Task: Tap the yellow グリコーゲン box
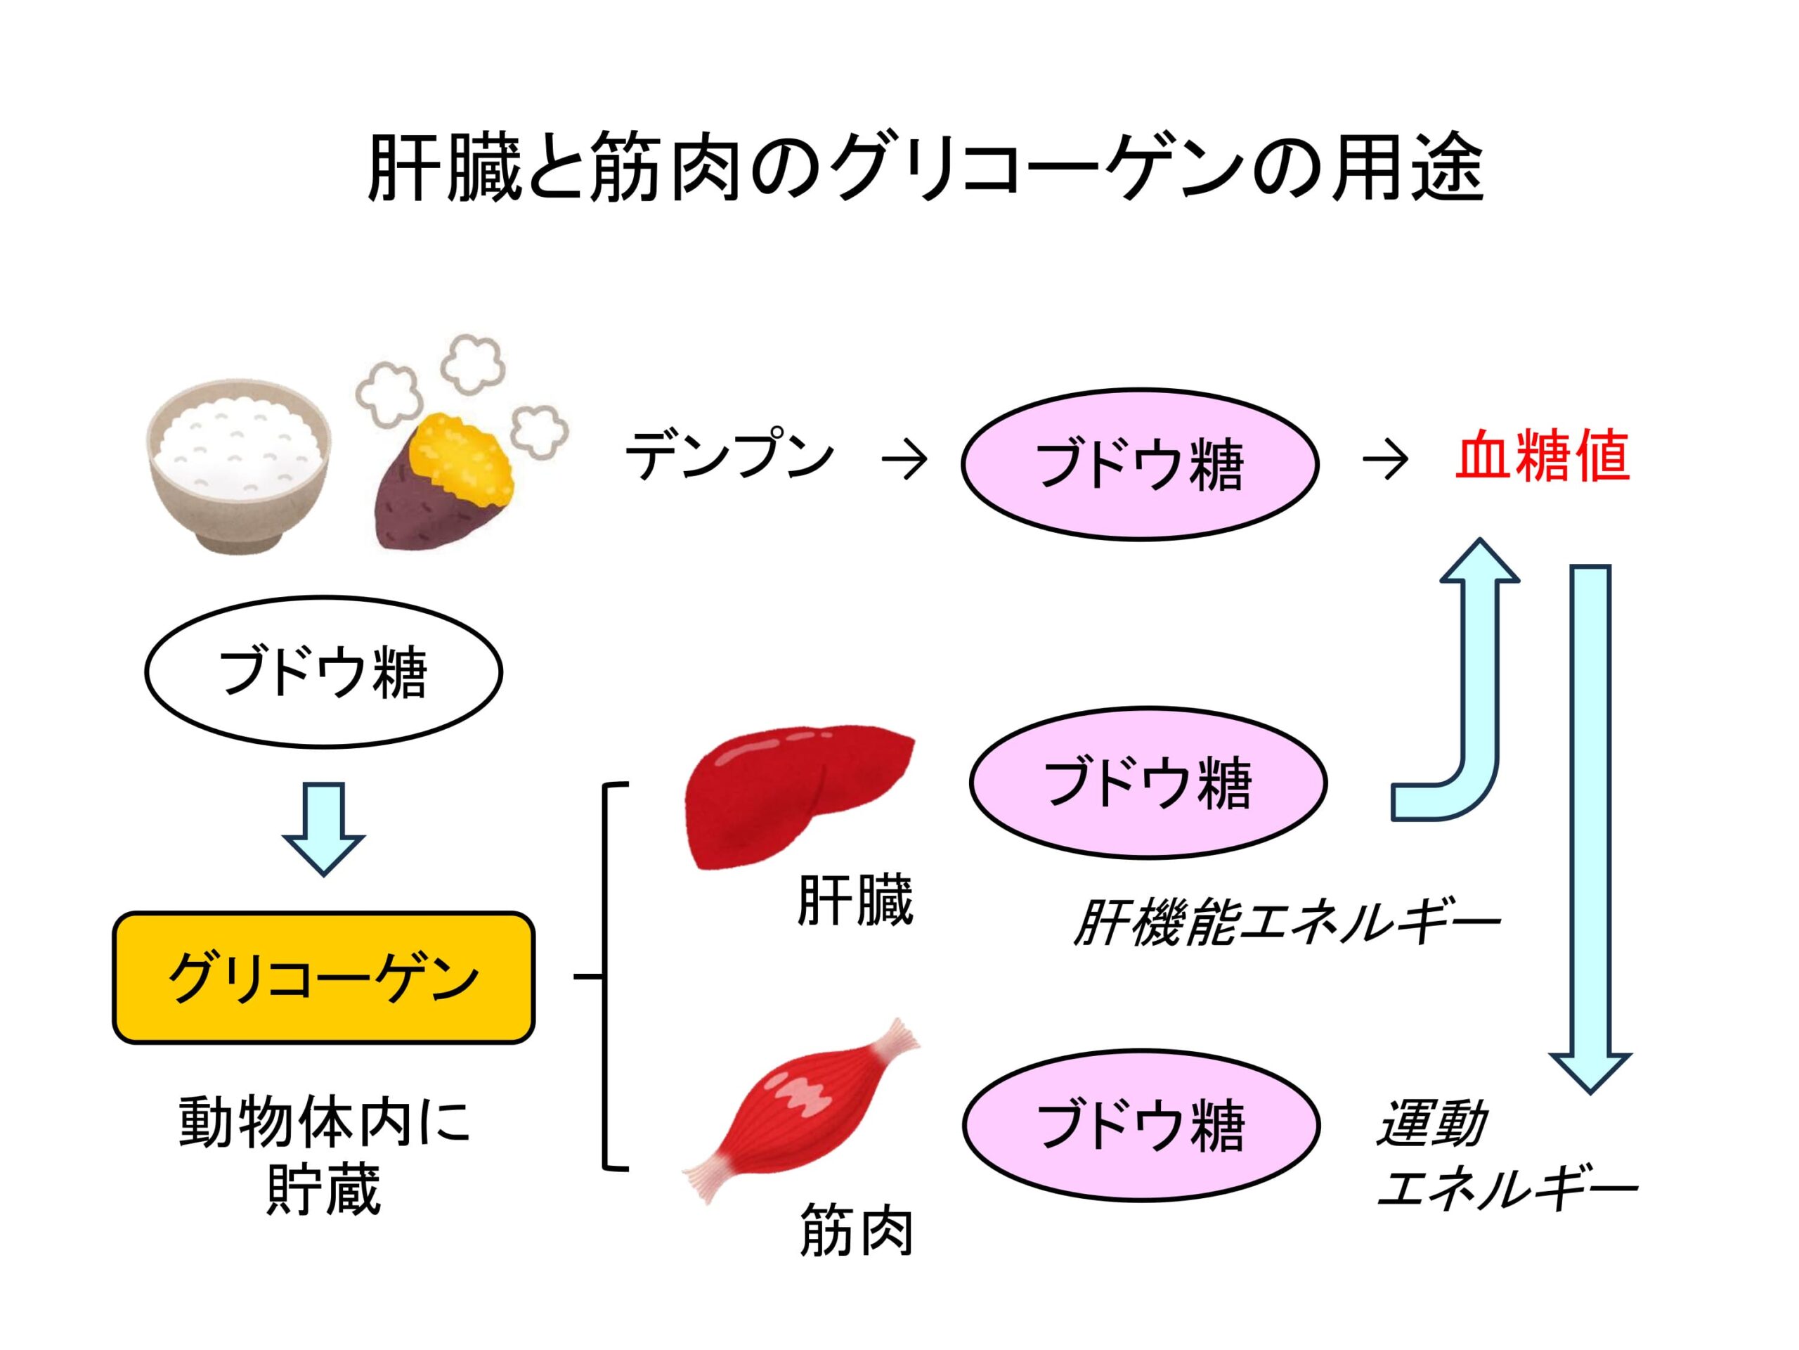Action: tap(324, 977)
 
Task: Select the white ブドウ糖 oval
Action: tap(324, 671)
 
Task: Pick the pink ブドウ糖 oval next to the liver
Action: tap(1148, 782)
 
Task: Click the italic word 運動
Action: tap(1432, 1123)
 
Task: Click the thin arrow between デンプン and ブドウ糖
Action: tap(904, 461)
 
